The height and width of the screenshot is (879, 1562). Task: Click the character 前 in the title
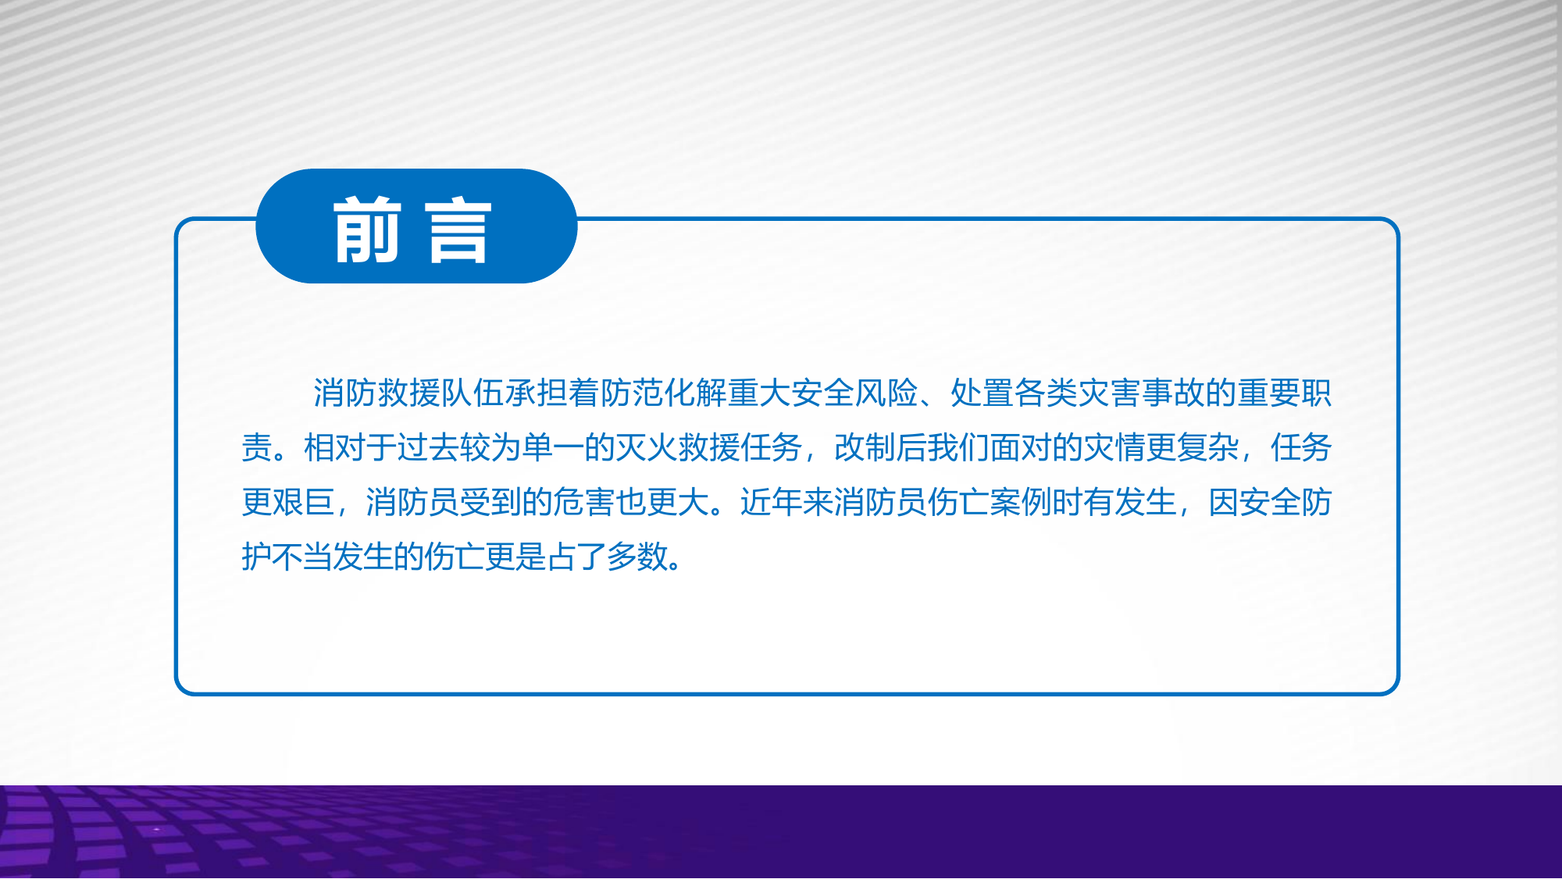pyautogui.click(x=367, y=230)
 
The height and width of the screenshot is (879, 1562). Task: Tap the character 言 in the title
pyautogui.click(x=459, y=230)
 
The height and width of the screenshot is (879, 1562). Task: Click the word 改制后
pyautogui.click(x=881, y=448)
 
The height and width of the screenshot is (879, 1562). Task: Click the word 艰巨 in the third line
pyautogui.click(x=304, y=503)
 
